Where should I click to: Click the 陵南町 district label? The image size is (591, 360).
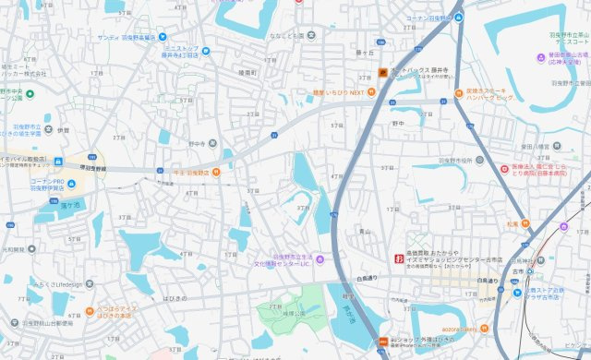[246, 72]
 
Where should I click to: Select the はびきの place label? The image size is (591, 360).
[175, 299]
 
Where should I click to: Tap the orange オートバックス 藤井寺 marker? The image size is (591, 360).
[383, 72]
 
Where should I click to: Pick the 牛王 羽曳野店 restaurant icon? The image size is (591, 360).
[216, 171]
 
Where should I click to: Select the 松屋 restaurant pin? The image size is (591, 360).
[525, 222]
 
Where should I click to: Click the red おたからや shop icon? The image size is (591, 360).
[399, 258]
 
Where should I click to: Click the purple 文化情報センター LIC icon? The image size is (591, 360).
[320, 259]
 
